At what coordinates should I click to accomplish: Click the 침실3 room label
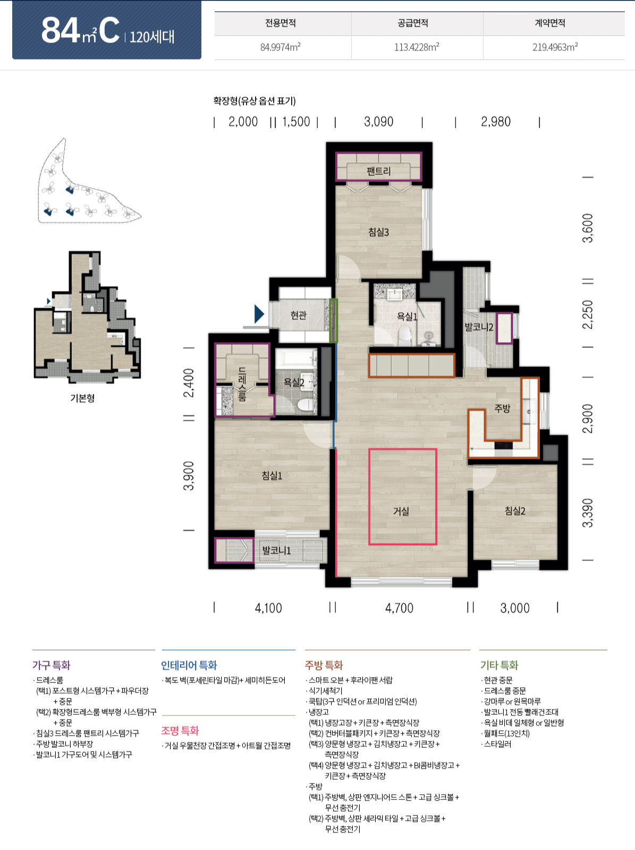pos(378,232)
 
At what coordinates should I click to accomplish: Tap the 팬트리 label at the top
pos(378,171)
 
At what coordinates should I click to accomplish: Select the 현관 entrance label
pos(299,315)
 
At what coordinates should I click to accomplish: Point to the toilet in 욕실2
pos(306,405)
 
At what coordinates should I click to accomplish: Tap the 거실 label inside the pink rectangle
pos(401,511)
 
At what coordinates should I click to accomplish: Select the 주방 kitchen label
pos(502,408)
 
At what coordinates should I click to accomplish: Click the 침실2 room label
pos(515,511)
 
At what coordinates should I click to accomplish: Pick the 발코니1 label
pos(276,551)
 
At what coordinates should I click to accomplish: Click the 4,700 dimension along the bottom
pos(399,608)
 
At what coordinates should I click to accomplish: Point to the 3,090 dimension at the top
pos(378,122)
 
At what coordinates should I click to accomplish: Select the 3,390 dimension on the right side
pos(587,513)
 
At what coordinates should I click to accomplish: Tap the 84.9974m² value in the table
pos(281,47)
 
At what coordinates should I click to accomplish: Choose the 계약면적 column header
pos(550,23)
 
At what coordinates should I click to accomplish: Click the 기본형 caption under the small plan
pos(82,398)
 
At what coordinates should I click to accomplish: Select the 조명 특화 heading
pos(180,731)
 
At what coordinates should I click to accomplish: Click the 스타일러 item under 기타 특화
pos(497,744)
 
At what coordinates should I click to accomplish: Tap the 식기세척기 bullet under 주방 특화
pos(325,690)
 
